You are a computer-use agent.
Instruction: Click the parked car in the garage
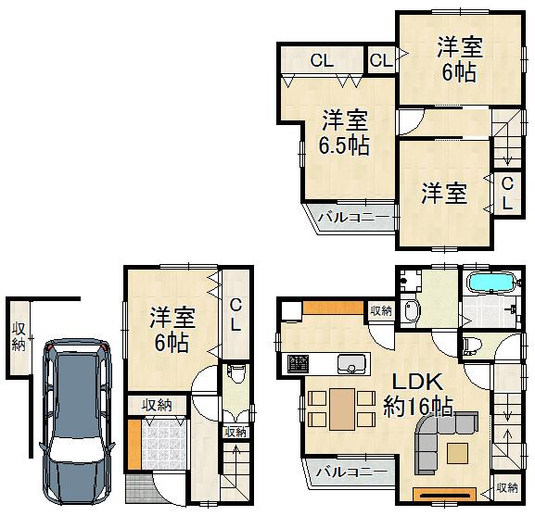[78, 422]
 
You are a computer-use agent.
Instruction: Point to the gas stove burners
[299, 361]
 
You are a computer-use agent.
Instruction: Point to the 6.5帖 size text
[345, 145]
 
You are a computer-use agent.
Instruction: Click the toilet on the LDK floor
[469, 346]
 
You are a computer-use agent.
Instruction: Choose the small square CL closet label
[380, 61]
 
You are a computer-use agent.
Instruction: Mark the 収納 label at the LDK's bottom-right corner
[506, 487]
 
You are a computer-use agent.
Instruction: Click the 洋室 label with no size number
[444, 194]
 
